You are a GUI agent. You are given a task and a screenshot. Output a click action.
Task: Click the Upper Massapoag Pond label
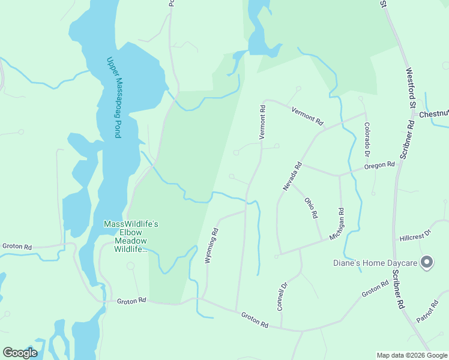point(113,97)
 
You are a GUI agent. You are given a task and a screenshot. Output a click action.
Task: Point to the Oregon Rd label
point(381,164)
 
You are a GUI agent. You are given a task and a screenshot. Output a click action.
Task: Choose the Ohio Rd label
point(310,208)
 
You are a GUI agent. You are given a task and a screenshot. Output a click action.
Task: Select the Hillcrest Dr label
point(415,235)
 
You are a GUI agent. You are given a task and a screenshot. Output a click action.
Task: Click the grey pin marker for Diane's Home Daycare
point(427,262)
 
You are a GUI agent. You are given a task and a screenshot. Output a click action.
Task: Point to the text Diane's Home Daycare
point(375,263)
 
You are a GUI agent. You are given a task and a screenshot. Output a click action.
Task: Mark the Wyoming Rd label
point(211,246)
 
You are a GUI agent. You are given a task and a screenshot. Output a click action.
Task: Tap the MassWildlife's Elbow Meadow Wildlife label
point(131,236)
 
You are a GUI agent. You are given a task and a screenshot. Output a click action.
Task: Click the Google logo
point(20,353)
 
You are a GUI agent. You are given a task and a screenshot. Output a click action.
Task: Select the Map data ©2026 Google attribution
point(412,355)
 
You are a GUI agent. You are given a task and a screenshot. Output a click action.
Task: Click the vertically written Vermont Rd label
point(262,122)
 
